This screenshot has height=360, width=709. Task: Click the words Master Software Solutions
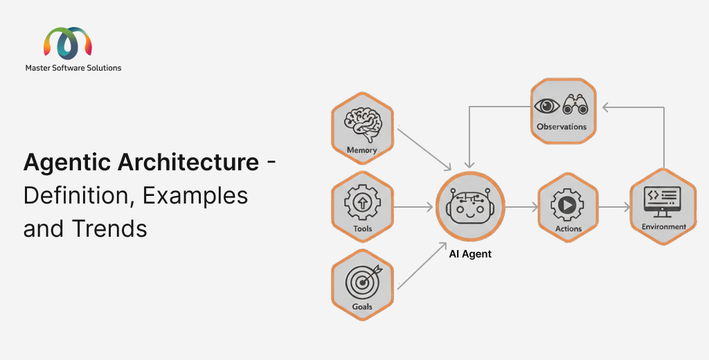click(x=73, y=68)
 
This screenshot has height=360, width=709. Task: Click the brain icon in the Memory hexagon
click(x=362, y=125)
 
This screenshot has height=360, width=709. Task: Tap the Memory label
click(x=362, y=150)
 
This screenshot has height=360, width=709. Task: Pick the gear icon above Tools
click(x=362, y=202)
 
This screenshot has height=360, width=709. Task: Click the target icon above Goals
click(x=362, y=281)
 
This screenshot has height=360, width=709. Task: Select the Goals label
click(x=362, y=307)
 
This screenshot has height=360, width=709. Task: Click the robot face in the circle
click(x=470, y=206)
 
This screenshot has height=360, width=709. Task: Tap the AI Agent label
click(x=470, y=254)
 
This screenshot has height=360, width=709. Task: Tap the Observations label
click(x=562, y=127)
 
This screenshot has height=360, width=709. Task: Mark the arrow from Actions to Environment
click(x=613, y=206)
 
